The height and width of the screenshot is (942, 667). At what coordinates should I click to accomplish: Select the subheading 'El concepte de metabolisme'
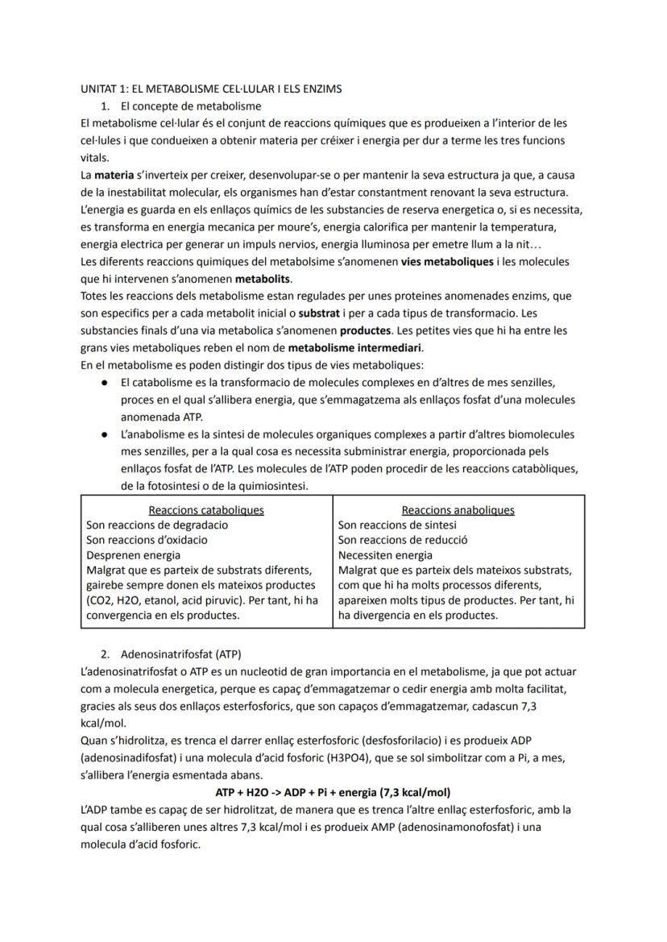(x=190, y=106)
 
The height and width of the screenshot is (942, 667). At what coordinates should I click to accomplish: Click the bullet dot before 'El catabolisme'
(x=106, y=383)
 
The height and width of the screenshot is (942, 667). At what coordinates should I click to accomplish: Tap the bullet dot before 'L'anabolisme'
(x=106, y=434)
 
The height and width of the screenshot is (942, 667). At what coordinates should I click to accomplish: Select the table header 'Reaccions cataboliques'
(x=206, y=509)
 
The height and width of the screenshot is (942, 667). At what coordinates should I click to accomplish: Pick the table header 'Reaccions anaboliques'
(x=458, y=509)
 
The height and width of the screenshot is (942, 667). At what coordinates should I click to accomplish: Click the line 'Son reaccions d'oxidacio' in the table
(x=147, y=540)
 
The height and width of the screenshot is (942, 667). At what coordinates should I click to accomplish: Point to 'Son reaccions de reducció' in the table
(x=403, y=540)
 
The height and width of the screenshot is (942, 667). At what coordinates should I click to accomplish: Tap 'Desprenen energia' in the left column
(x=133, y=555)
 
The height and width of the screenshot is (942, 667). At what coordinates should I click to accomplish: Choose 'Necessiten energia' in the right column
(x=385, y=555)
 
